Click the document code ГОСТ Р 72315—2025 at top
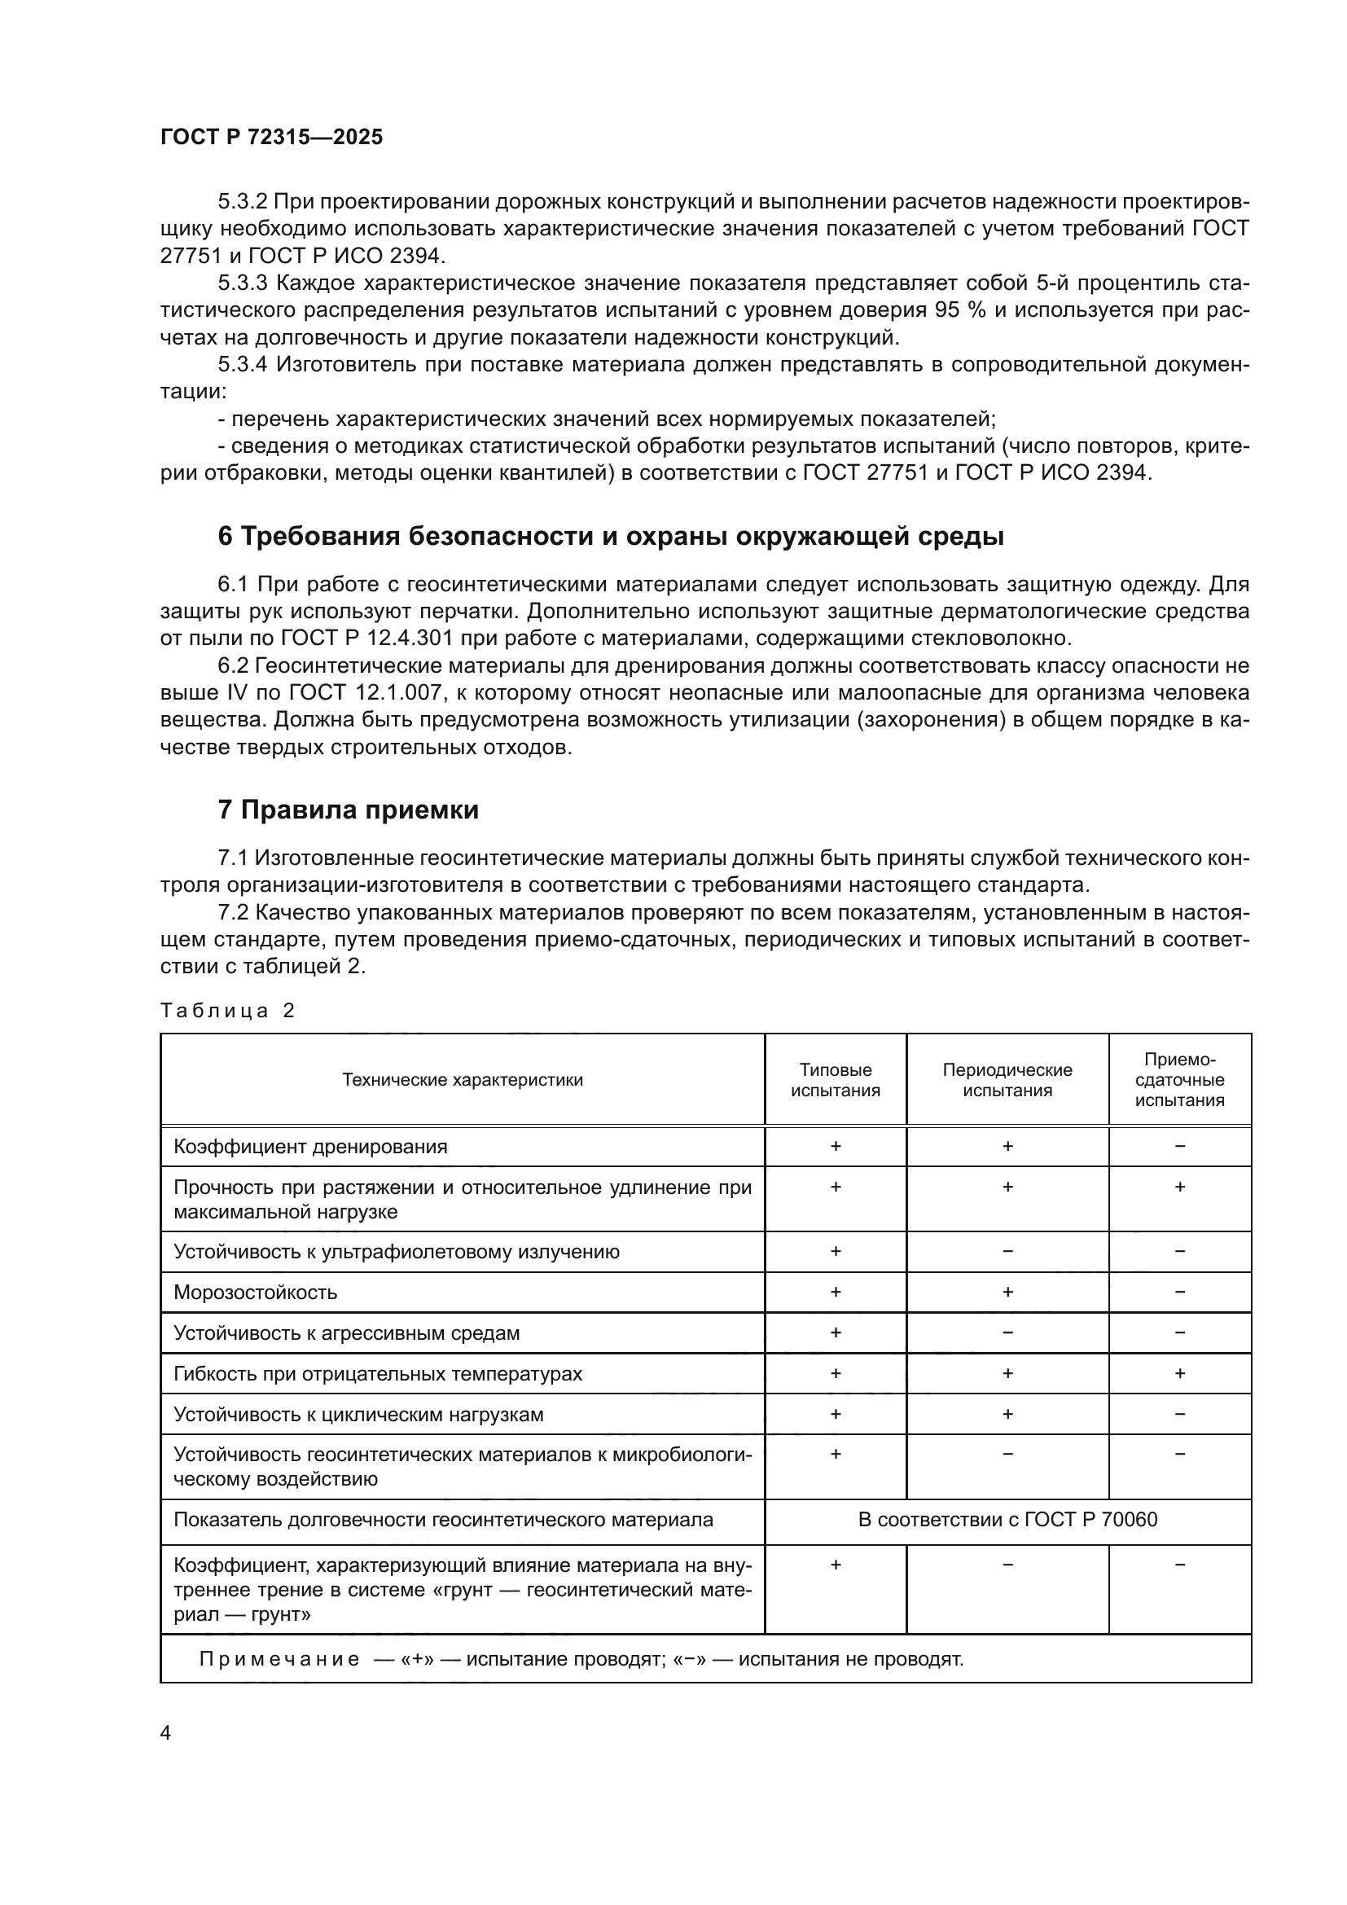point(271,137)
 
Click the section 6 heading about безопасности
point(611,537)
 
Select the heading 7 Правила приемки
point(349,810)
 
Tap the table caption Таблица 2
point(227,1011)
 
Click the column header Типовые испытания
point(835,1079)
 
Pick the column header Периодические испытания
point(1007,1079)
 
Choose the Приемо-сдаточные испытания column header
point(1178,1079)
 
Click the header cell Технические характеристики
point(462,1079)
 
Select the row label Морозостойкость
point(256,1292)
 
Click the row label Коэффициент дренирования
point(310,1147)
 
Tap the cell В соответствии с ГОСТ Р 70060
point(1007,1519)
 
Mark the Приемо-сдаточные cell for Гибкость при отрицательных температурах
point(1178,1373)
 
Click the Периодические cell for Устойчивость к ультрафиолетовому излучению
point(1007,1251)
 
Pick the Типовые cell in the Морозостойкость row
point(835,1292)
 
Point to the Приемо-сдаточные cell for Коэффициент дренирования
point(1178,1147)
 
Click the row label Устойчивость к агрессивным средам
point(347,1332)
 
